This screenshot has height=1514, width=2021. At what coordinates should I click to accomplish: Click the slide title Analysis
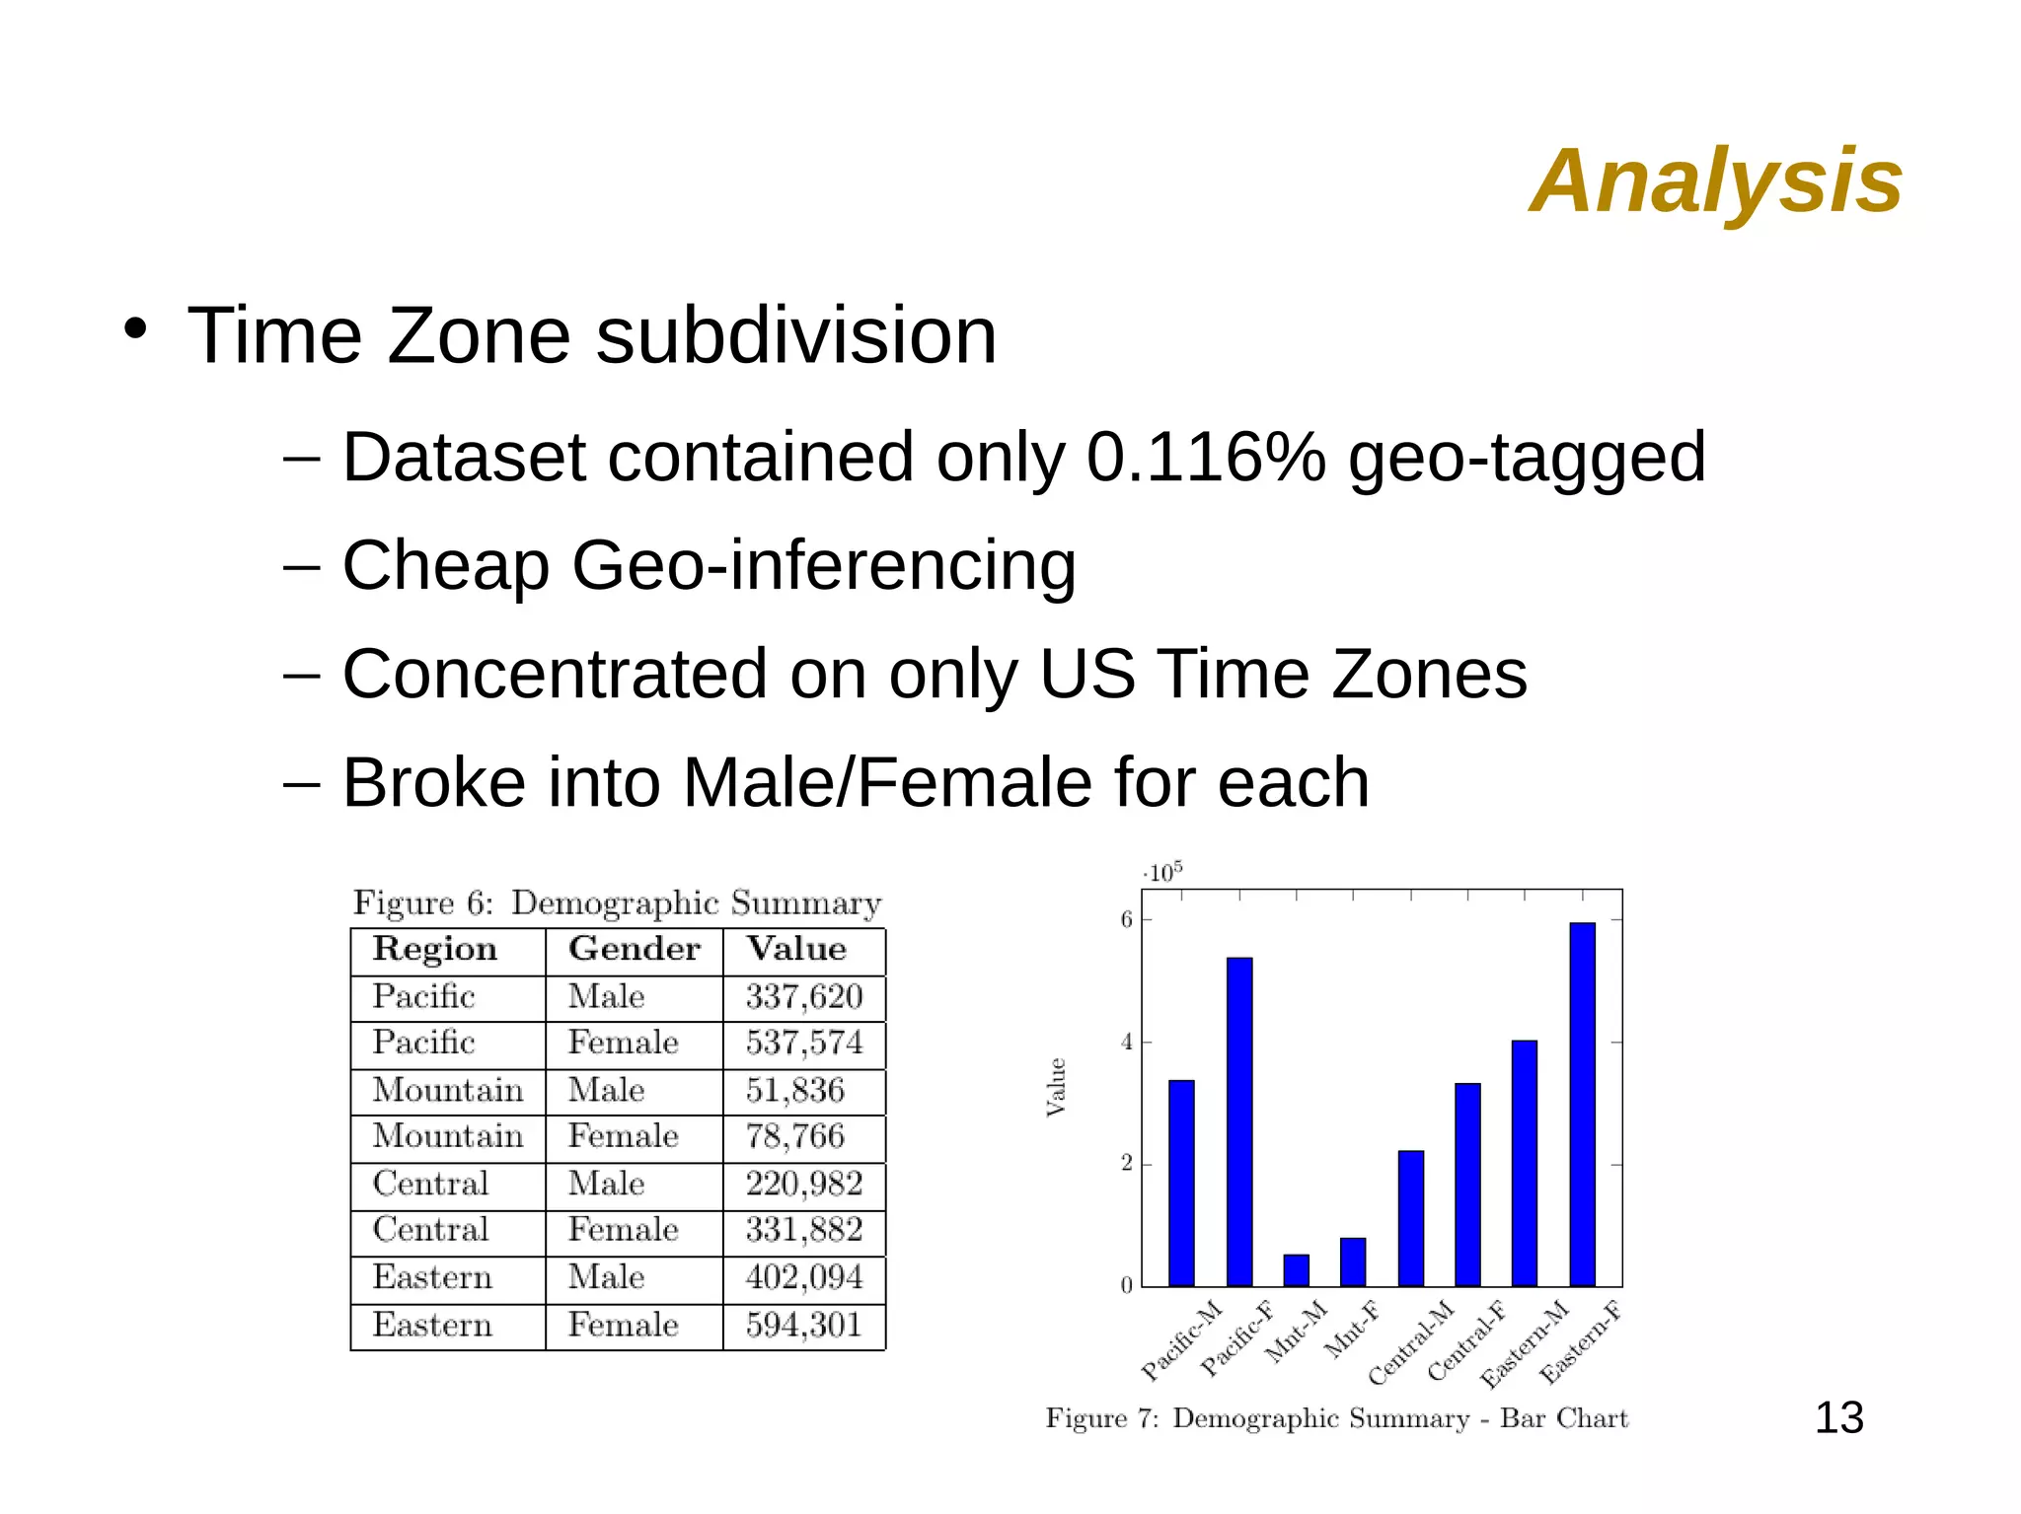coord(1715,180)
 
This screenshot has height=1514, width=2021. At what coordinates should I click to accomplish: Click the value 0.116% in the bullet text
coord(1206,458)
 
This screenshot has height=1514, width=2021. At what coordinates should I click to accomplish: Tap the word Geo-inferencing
coord(823,566)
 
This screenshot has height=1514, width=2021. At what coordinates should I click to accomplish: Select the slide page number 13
coord(1838,1418)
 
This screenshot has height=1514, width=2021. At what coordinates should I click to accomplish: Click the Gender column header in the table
coord(634,949)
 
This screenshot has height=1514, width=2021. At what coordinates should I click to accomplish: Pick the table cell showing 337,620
coord(803,997)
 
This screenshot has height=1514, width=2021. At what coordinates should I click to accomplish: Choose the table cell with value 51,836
coord(794,1091)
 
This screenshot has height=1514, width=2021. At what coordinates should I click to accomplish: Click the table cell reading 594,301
coord(803,1326)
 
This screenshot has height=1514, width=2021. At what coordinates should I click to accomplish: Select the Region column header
coord(435,949)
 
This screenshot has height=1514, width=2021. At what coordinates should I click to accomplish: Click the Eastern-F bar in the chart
coord(1581,1105)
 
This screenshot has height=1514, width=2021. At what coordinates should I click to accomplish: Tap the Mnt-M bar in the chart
coord(1296,1270)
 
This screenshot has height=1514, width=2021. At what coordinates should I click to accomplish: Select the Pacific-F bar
coord(1239,1122)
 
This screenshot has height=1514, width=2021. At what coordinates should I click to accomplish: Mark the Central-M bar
coord(1411,1219)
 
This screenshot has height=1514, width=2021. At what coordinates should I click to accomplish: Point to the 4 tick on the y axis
coord(1127,1043)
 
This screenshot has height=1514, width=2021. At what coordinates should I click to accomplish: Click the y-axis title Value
coord(1056,1087)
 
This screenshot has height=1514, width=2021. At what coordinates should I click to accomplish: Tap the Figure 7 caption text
coord(1336,1419)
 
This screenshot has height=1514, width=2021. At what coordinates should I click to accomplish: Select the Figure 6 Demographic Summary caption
coord(617,903)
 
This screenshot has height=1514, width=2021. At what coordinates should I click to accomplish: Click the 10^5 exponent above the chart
coord(1163,873)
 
